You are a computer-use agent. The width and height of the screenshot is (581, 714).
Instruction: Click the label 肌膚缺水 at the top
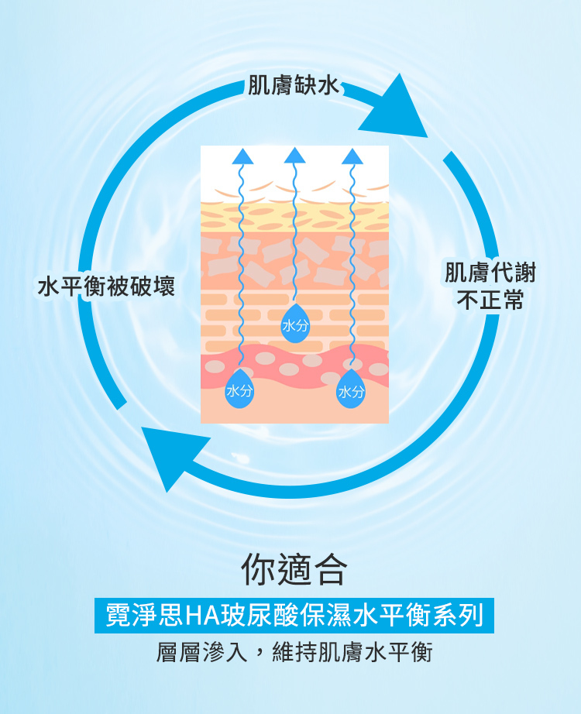[x=294, y=84]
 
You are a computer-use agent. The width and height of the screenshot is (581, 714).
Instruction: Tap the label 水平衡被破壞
[x=107, y=287]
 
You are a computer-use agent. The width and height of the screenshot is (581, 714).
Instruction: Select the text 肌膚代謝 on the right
[x=490, y=272]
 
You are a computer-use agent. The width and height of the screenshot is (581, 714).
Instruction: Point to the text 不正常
[x=490, y=300]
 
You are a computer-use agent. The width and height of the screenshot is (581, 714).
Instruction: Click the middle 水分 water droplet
[x=295, y=324]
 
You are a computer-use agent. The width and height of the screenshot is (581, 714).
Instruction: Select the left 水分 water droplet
[x=239, y=389]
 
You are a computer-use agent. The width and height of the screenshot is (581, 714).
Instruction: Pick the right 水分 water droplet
[x=352, y=389]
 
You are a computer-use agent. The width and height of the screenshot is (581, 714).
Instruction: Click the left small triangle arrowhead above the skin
[x=242, y=156]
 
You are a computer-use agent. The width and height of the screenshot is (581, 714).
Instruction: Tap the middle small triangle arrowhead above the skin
[x=295, y=156]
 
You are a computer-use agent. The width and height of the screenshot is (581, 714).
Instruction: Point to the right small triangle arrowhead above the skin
[x=352, y=156]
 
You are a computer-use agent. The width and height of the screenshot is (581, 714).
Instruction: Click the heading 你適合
[x=294, y=568]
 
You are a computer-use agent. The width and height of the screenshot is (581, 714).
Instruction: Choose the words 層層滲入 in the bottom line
[x=202, y=652]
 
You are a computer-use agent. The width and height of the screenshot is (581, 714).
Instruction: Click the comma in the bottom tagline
[x=260, y=657]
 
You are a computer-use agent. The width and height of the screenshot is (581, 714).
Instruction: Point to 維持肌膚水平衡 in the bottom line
[x=352, y=652]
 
